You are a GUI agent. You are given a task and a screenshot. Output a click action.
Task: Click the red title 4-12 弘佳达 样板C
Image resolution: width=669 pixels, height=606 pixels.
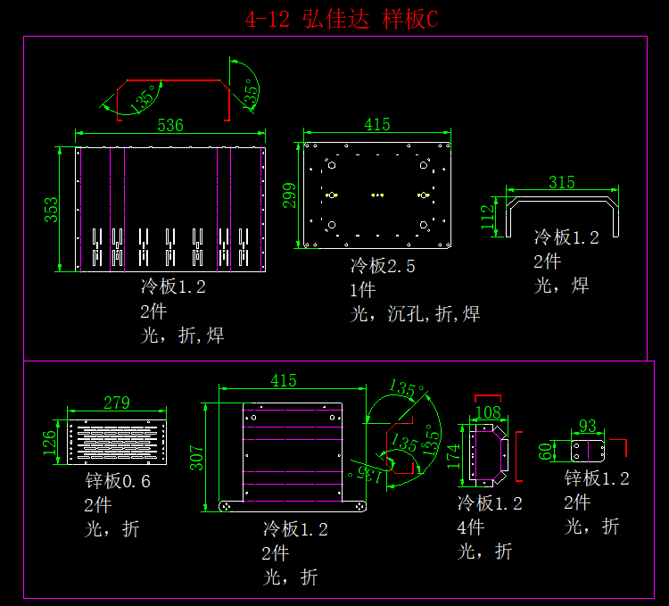click(342, 19)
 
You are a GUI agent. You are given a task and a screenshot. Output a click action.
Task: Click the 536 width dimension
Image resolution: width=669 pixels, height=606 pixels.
click(170, 125)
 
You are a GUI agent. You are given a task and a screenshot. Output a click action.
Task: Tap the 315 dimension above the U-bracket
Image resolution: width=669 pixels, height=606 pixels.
click(561, 182)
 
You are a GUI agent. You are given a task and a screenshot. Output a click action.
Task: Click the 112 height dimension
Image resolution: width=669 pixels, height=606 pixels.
click(488, 217)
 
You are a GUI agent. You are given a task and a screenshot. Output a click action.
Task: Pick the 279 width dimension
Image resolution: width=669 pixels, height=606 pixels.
click(117, 403)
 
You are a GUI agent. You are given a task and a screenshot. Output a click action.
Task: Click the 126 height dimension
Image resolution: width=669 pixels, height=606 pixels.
click(51, 439)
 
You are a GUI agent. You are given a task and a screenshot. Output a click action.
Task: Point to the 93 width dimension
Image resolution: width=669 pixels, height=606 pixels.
click(588, 426)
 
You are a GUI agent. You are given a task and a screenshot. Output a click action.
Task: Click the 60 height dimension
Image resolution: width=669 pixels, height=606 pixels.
click(546, 450)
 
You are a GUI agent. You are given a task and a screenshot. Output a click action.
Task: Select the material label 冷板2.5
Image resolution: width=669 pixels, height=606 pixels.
click(383, 266)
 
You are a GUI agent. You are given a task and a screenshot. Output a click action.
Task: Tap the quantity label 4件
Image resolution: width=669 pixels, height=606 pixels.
click(473, 527)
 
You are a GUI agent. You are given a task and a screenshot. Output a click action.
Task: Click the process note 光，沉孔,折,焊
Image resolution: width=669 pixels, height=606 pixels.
click(415, 314)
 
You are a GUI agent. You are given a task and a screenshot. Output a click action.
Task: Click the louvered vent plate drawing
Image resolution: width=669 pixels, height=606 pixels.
click(117, 441)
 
